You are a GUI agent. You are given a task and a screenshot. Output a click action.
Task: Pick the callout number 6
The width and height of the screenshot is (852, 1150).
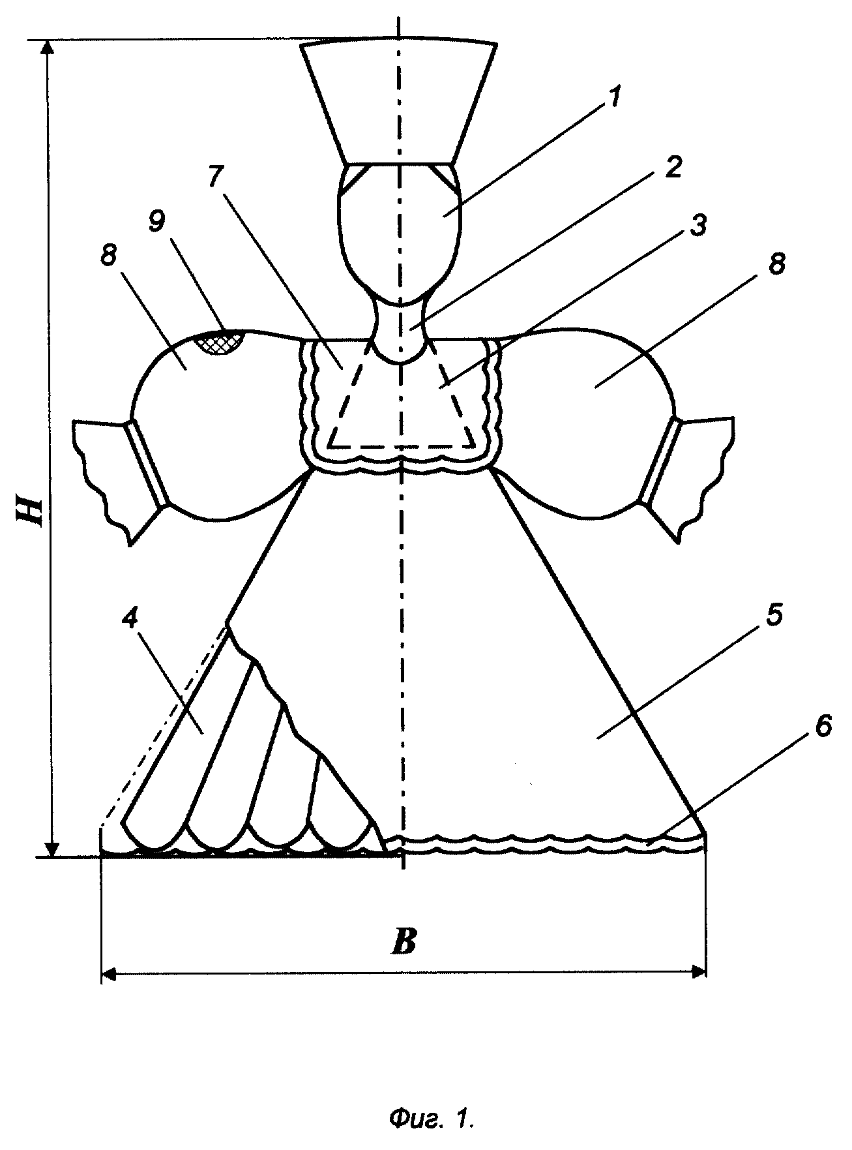point(822,727)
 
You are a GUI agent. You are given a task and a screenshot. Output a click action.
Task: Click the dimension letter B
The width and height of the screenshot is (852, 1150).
point(404,941)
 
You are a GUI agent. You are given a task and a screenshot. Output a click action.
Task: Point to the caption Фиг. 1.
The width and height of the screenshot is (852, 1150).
point(430,1119)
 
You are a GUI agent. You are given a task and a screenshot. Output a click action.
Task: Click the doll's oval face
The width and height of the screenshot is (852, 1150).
point(398,235)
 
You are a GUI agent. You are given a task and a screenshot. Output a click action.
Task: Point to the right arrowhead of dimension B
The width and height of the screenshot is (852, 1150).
point(697,974)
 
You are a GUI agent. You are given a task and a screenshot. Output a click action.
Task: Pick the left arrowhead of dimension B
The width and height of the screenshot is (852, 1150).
point(111,975)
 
